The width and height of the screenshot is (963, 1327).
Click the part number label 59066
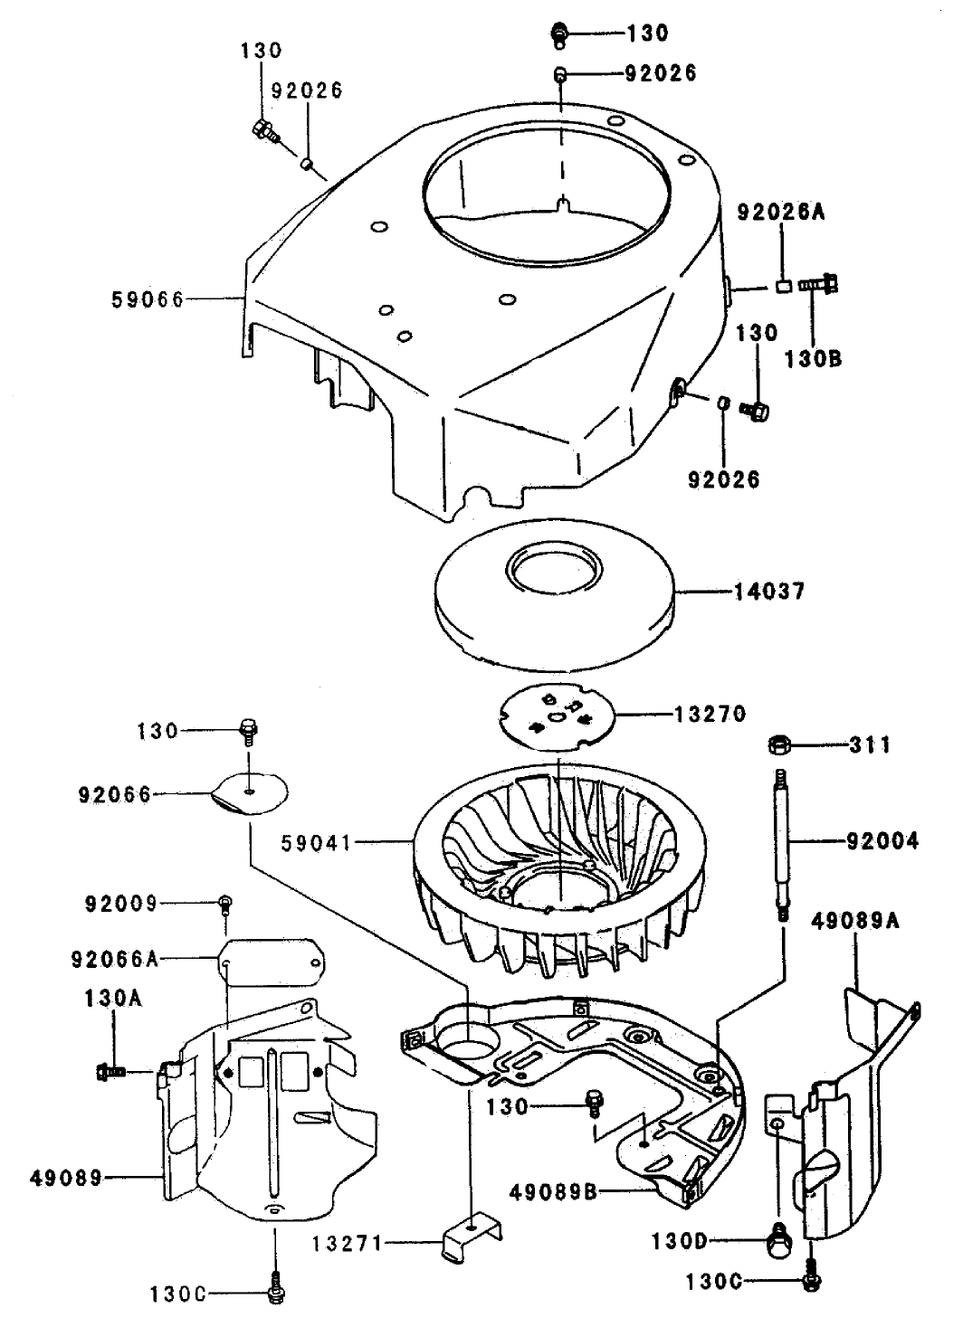click(147, 299)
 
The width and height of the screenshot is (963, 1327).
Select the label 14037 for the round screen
click(771, 592)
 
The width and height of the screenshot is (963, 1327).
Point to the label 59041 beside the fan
click(317, 842)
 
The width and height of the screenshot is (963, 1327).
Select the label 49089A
click(855, 922)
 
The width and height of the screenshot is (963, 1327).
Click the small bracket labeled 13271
click(468, 1236)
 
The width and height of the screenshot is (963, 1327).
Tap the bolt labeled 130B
click(818, 285)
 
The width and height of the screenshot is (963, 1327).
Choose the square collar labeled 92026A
click(785, 287)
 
